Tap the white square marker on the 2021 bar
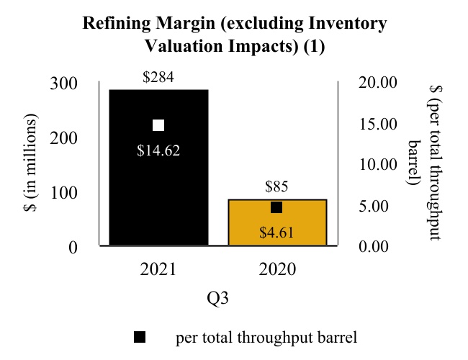tap(158, 125)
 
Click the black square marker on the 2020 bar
tap(276, 207)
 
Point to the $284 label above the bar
tap(158, 77)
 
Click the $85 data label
tap(277, 187)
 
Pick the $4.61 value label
tap(277, 232)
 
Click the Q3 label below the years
tap(219, 297)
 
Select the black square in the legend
tap(140, 336)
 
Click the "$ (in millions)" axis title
tap(31, 165)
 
